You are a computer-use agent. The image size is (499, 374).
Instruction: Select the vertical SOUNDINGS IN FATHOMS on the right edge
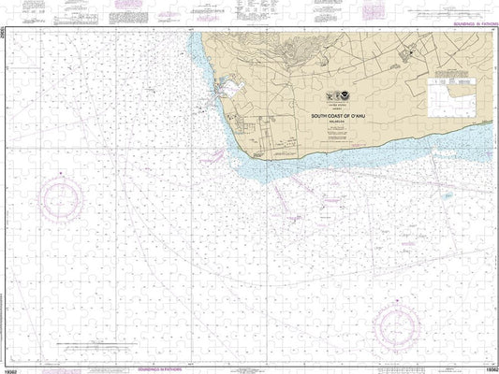[493, 187]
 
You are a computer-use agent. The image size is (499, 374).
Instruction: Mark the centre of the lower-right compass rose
[402, 324]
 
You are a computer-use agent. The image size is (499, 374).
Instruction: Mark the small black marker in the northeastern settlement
[407, 53]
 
